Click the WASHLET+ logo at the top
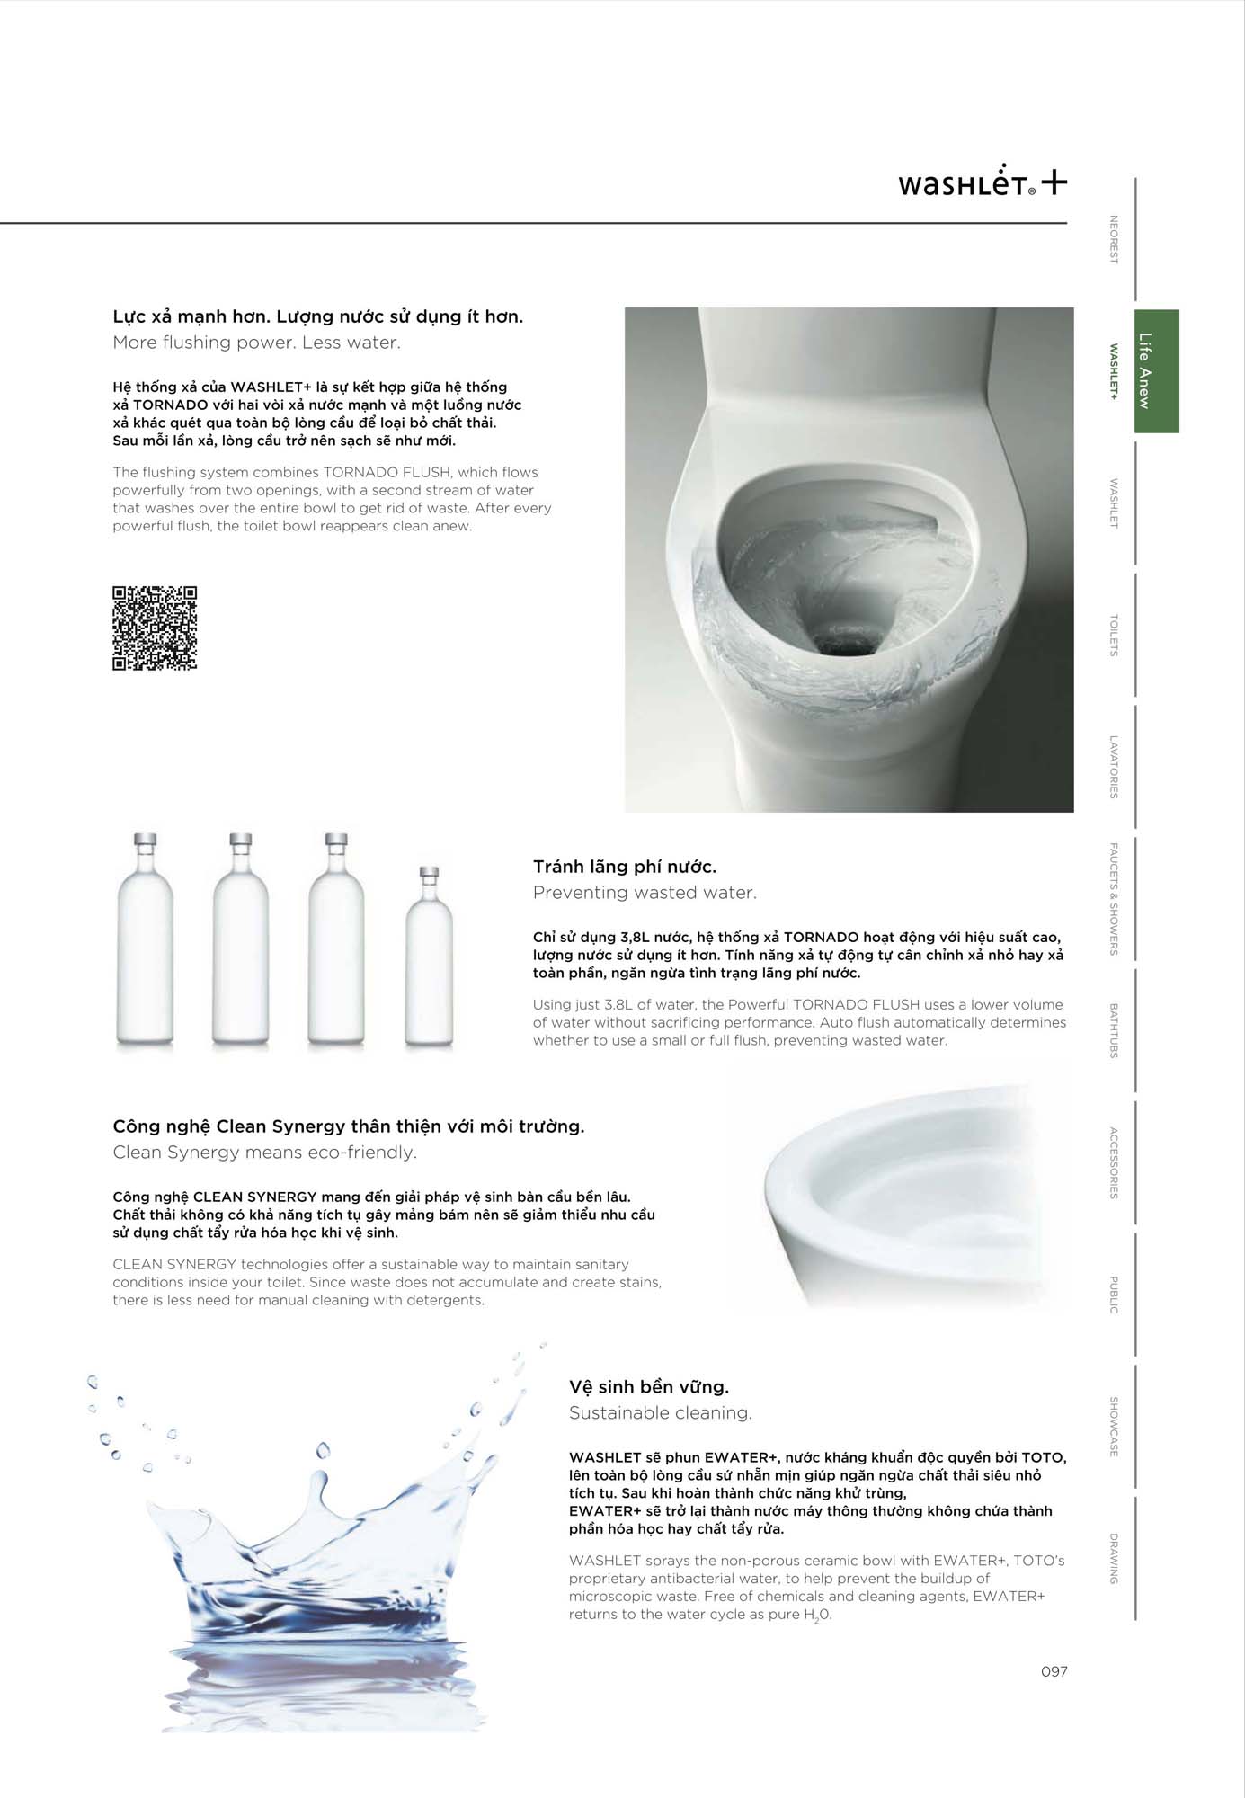pos(982,182)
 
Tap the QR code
pos(155,628)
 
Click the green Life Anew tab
pos(1156,371)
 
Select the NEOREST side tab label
pos(1114,239)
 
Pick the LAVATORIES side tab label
pos(1114,767)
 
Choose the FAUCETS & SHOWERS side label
pos(1114,898)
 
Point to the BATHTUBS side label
pos(1114,1030)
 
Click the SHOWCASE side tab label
pos(1114,1427)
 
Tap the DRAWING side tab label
pos(1114,1558)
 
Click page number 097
pos(1054,1671)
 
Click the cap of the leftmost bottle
pos(146,841)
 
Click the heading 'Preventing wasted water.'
pos(645,893)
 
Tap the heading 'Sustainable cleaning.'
pos(660,1413)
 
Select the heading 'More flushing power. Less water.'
pos(256,343)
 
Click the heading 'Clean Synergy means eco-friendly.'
pos(264,1153)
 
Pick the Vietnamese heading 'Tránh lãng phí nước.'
pos(624,867)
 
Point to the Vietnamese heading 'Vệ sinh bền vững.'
pos(648,1387)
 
